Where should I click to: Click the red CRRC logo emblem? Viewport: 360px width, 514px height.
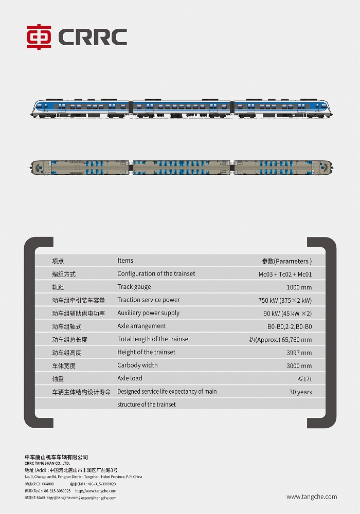tap(39, 37)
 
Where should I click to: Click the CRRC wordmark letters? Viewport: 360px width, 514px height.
tap(93, 37)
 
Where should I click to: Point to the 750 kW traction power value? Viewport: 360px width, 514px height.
tap(285, 301)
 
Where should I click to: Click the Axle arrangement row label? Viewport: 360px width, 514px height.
tap(141, 326)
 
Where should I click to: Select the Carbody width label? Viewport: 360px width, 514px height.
tap(137, 365)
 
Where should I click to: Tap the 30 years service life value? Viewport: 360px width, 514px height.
tap(300, 392)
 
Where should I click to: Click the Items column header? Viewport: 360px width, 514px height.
tap(125, 261)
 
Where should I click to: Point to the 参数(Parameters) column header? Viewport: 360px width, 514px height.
tap(286, 261)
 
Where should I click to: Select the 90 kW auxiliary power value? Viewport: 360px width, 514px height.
tap(287, 314)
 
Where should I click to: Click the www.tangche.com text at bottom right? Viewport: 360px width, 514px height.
tap(312, 497)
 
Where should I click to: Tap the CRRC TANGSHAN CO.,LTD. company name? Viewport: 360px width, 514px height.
tap(47, 463)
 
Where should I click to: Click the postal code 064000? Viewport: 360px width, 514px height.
tap(48, 484)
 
